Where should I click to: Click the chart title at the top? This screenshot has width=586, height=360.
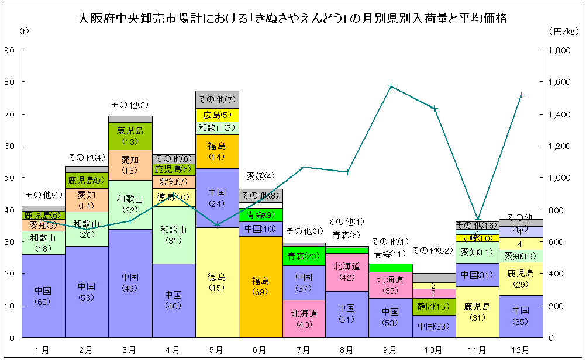click(292, 19)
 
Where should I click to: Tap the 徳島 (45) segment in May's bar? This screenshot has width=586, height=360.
click(217, 282)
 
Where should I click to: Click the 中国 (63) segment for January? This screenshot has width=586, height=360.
click(43, 296)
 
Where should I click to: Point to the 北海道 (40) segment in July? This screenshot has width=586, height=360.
click(304, 319)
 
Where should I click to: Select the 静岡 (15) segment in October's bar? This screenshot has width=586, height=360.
click(433, 306)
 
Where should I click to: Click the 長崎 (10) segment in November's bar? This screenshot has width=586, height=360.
click(477, 238)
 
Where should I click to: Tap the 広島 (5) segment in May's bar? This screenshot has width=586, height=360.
click(217, 115)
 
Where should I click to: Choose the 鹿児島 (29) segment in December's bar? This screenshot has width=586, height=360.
click(520, 278)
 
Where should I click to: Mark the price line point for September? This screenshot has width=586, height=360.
click(391, 86)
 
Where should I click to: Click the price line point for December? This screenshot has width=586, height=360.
click(520, 95)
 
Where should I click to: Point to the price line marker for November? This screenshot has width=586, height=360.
click(477, 219)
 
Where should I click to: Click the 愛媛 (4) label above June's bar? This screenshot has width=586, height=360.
click(260, 176)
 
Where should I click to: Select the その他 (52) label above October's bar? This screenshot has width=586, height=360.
click(433, 250)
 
